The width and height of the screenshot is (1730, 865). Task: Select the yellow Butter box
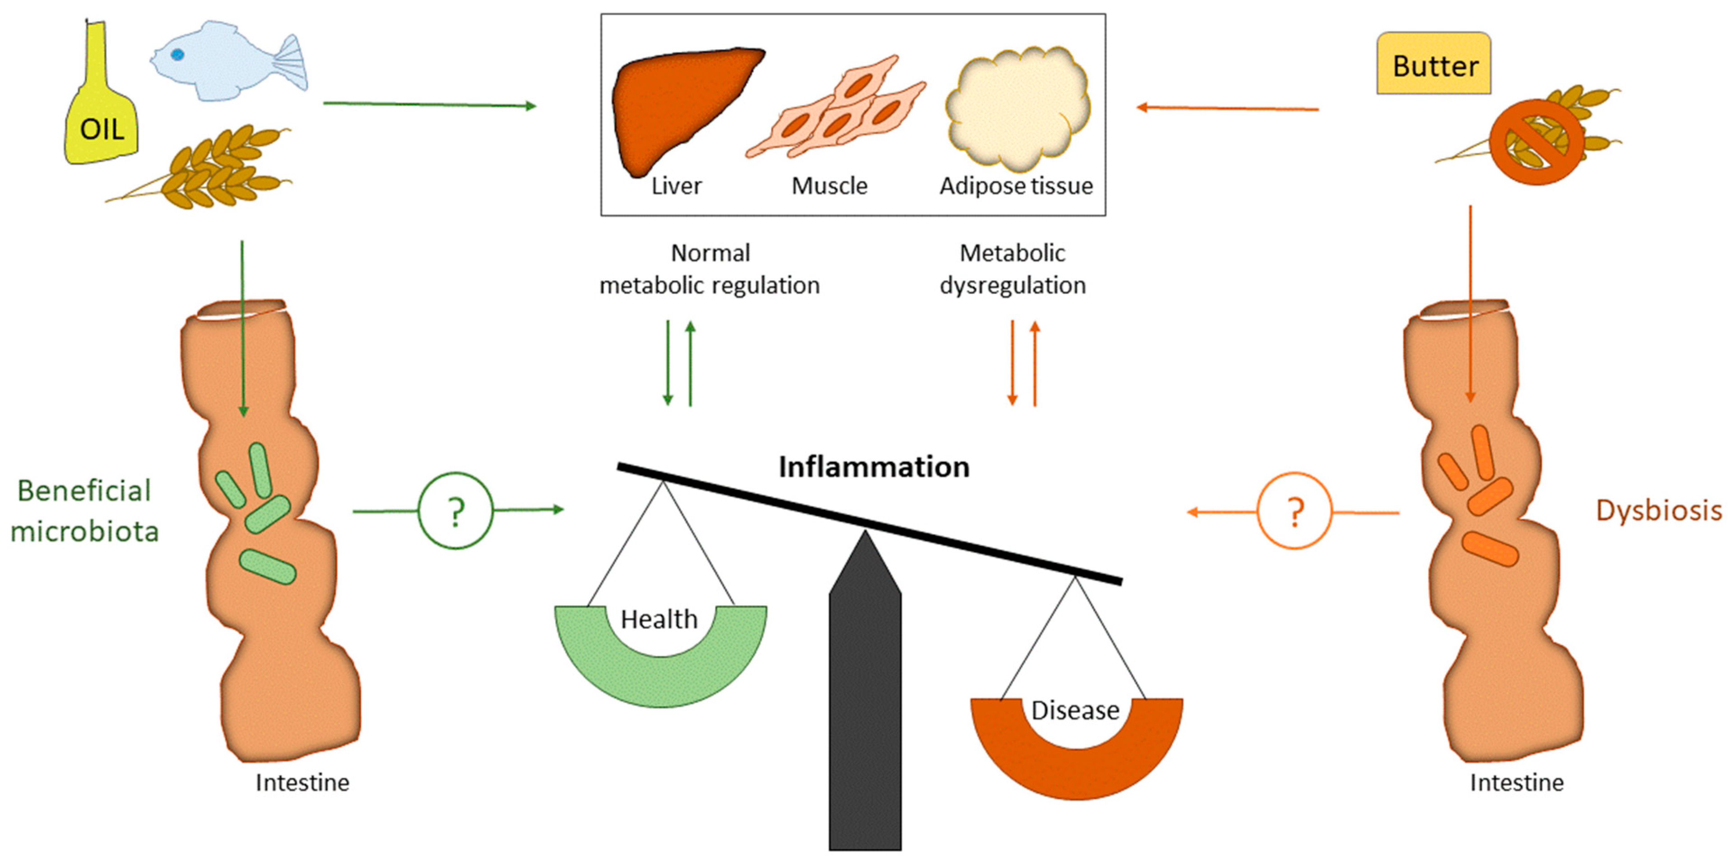[1434, 65]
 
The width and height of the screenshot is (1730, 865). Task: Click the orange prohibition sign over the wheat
[1536, 142]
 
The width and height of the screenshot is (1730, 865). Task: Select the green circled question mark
[456, 512]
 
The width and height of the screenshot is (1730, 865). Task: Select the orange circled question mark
[1294, 512]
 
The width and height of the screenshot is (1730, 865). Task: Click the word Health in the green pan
[659, 619]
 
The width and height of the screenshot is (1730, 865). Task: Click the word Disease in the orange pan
[1075, 710]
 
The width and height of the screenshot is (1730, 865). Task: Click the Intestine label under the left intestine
[302, 783]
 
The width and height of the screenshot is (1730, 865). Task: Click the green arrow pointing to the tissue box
[430, 104]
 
